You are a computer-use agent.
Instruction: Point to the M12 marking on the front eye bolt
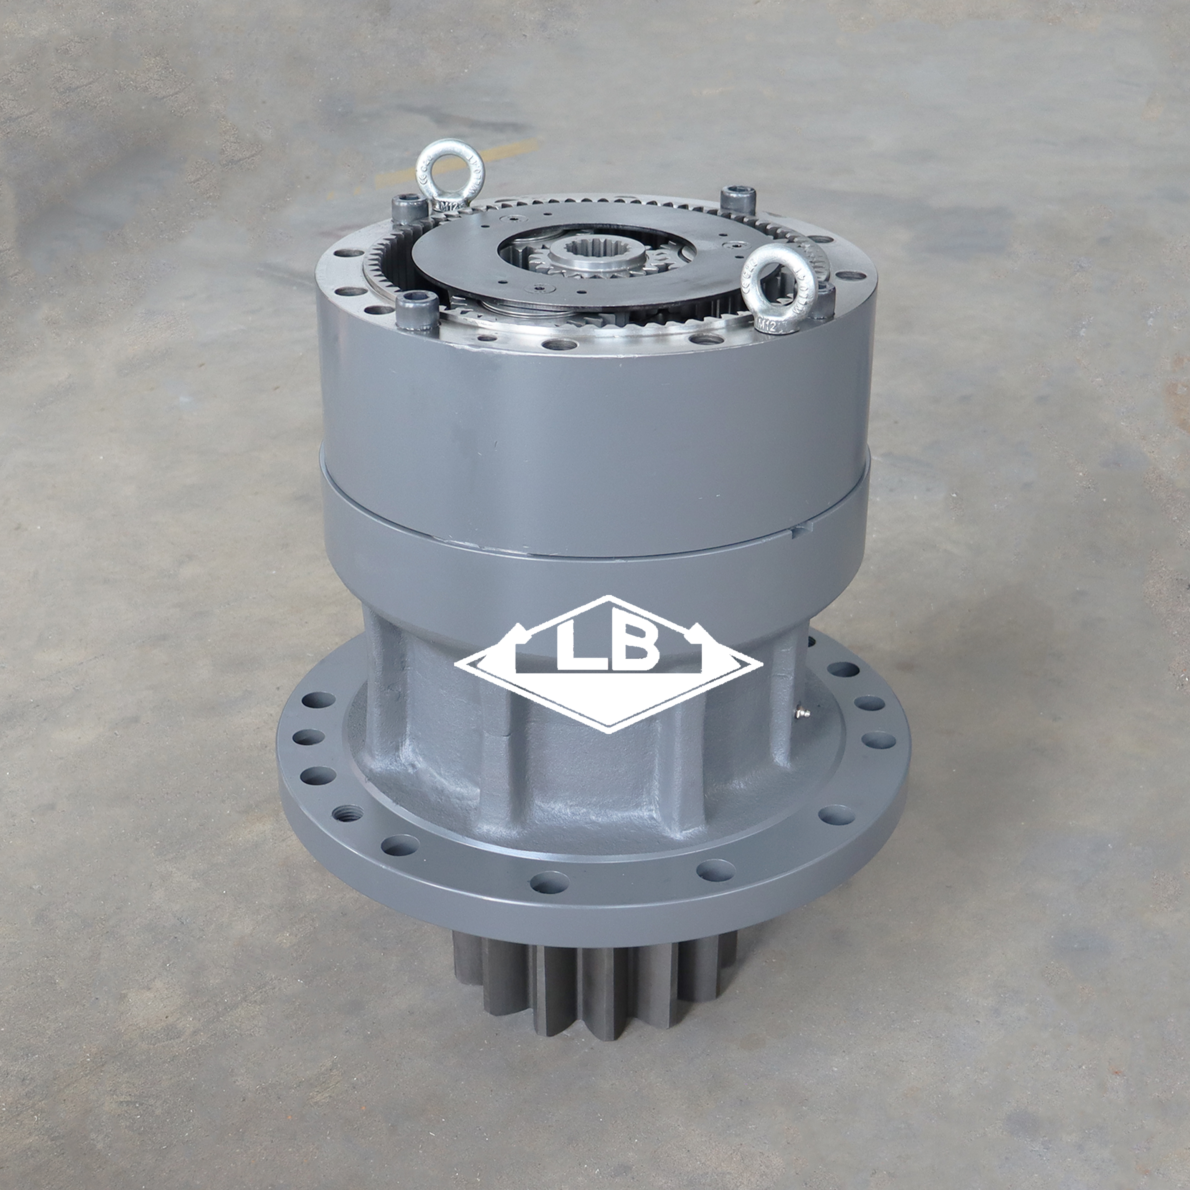(x=765, y=325)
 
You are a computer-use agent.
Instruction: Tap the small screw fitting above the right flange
(x=801, y=714)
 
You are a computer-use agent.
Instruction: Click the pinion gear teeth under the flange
(x=591, y=973)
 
